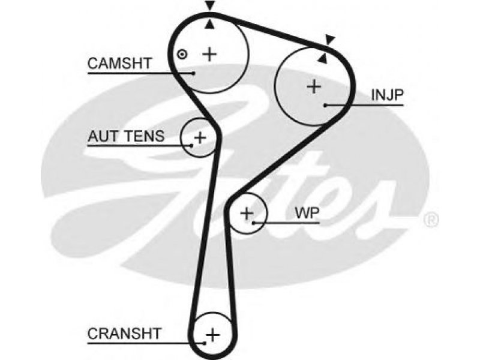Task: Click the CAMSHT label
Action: point(119,64)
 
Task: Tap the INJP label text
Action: point(387,95)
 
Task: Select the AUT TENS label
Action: point(126,136)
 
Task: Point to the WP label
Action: point(307,213)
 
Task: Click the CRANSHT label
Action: point(124,334)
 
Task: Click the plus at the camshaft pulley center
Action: point(210,54)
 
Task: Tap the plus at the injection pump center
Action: point(314,86)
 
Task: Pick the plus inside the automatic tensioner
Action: point(200,137)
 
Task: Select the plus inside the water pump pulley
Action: point(247,214)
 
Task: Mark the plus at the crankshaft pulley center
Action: point(213,335)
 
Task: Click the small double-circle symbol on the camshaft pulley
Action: point(182,55)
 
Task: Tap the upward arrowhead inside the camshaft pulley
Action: point(209,25)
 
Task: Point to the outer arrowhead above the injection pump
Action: point(330,40)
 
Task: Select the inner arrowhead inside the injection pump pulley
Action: point(322,58)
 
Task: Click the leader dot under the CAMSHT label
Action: point(193,73)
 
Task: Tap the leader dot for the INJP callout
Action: point(325,106)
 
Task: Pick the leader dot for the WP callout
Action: point(254,223)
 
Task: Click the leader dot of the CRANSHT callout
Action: point(205,343)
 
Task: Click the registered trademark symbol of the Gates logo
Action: point(431,220)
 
